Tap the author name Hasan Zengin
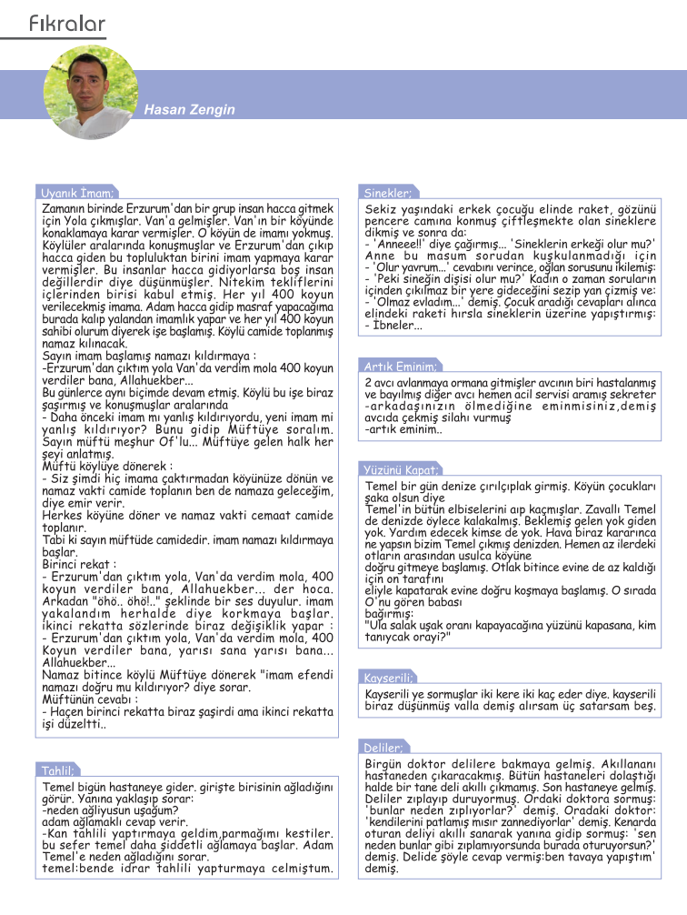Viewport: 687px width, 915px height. tap(189, 110)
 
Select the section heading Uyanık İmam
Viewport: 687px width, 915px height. tap(77, 193)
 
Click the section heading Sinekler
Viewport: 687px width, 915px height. tap(388, 193)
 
